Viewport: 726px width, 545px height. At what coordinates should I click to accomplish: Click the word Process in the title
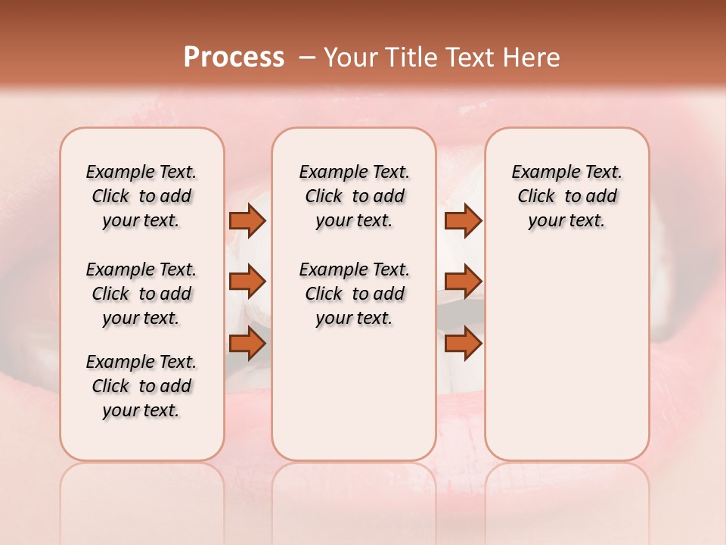pos(234,58)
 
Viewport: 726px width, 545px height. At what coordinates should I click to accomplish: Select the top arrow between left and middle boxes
pos(247,220)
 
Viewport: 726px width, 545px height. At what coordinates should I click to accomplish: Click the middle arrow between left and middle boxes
pos(247,282)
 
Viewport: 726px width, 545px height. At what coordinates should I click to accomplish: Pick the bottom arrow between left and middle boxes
pos(247,344)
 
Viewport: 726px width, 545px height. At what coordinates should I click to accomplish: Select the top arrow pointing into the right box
pos(463,220)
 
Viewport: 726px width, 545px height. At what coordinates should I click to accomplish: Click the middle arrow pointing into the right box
pos(463,282)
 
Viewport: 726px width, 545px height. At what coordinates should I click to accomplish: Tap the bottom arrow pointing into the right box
pos(463,344)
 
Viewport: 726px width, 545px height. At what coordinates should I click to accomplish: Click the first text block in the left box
pos(141,196)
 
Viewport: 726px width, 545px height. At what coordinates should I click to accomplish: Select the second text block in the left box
pos(141,294)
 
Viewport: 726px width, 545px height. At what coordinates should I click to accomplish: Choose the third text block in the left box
pos(141,386)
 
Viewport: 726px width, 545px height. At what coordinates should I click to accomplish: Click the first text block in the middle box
pos(355,196)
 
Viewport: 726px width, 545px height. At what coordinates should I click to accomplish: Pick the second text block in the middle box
pos(355,294)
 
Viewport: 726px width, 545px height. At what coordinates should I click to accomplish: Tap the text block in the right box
pos(567,196)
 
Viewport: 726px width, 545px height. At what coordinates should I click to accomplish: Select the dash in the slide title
pos(307,58)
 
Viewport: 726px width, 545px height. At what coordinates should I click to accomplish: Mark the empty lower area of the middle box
pos(354,394)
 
